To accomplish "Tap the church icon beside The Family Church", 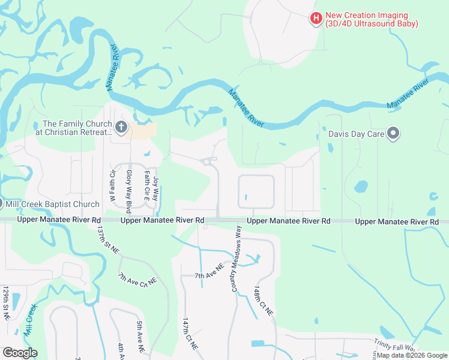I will tap(121, 127).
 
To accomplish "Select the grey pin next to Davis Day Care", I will tap(393, 133).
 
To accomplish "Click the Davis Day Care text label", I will tap(356, 134).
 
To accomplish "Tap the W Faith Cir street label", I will tap(112, 185).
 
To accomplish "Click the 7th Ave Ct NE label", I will tap(137, 279).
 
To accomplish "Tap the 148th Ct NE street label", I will tap(263, 301).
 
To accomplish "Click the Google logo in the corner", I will tap(20, 352).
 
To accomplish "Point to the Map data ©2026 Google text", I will tap(412, 355).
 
